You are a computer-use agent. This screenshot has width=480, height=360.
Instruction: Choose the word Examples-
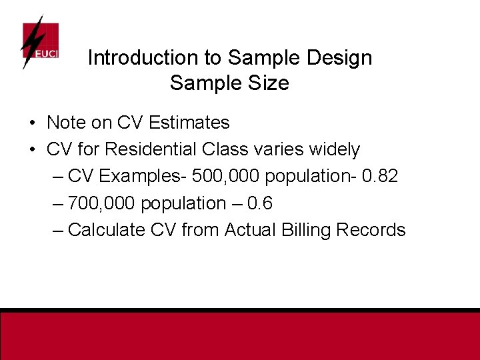pos(142,177)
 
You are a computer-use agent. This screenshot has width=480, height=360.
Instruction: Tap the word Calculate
pos(107,230)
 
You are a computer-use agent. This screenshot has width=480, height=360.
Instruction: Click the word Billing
pos(308,230)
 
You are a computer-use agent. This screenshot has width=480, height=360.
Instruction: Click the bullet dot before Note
pos(33,123)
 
